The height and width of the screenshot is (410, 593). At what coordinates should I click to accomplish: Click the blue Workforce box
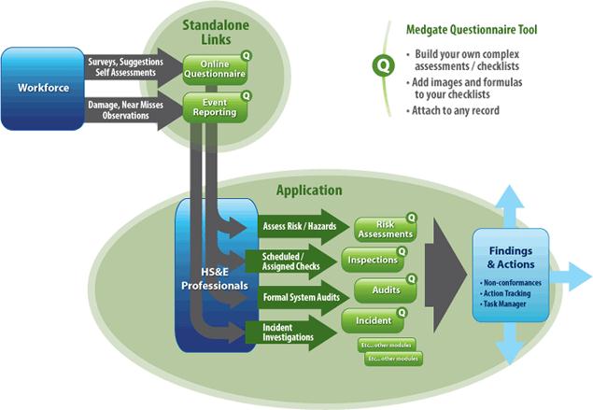pos(42,89)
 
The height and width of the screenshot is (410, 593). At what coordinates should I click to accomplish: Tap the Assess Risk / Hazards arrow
pos(294,227)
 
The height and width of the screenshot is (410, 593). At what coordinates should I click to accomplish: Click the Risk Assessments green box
pos(384,228)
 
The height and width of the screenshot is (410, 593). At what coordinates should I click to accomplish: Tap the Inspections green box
pos(374,259)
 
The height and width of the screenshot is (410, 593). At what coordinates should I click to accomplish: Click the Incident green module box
pos(374,321)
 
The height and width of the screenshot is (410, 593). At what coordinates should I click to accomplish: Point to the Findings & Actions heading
pos(511,257)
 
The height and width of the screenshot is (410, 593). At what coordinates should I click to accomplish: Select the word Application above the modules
pos(309,191)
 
